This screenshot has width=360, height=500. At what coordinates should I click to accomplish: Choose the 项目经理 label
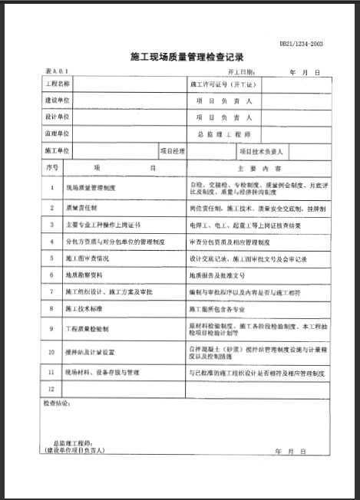[172, 150]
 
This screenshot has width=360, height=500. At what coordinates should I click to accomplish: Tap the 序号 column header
[52, 167]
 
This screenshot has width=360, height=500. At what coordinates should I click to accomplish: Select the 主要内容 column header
[249, 167]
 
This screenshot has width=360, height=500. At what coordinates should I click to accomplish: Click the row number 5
[52, 258]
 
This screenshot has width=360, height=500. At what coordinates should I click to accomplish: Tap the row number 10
[52, 352]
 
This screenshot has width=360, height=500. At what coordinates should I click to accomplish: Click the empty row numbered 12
[52, 389]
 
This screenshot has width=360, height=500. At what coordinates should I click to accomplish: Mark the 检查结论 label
[58, 402]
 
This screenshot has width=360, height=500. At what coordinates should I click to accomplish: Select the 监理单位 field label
[58, 133]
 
